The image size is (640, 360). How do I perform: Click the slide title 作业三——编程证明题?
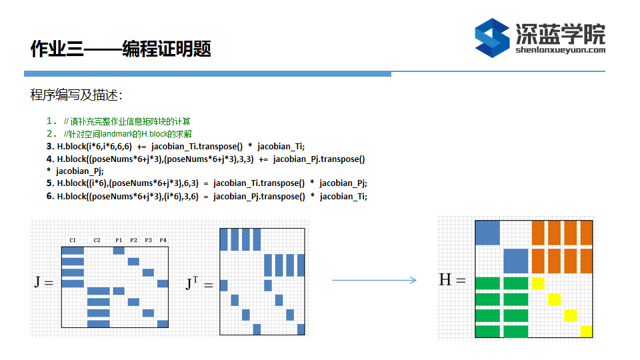(x=121, y=49)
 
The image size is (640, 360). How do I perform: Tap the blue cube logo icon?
(x=492, y=38)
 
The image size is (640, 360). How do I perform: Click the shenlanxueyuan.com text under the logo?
(x=561, y=50)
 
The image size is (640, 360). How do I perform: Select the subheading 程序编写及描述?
(x=76, y=95)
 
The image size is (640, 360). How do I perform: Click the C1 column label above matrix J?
(x=73, y=240)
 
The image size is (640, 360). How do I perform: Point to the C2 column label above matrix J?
(x=97, y=240)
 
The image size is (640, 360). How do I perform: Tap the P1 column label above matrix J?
(x=119, y=240)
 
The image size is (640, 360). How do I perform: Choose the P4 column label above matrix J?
(x=163, y=240)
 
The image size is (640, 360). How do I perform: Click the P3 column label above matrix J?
(x=148, y=240)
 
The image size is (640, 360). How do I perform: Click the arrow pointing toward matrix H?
(x=374, y=280)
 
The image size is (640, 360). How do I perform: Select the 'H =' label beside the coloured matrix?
(x=452, y=279)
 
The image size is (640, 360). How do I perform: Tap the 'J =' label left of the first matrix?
(x=44, y=282)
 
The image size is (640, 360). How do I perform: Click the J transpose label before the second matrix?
(x=199, y=283)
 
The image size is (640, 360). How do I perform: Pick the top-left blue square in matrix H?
(x=487, y=233)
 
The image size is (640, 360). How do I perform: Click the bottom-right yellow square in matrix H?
(x=587, y=331)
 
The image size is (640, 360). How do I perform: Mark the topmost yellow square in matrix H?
(x=538, y=283)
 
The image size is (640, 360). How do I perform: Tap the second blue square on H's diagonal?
(x=516, y=261)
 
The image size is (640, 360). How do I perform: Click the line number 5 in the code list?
(x=50, y=183)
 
